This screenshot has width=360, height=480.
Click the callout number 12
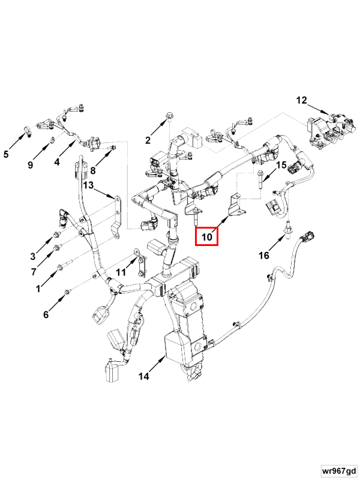(x=301, y=100)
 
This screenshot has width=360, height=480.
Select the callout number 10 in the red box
(x=207, y=237)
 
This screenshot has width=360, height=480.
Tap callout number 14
(x=143, y=377)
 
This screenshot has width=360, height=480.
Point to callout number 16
(x=264, y=256)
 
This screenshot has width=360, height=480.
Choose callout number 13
(x=88, y=185)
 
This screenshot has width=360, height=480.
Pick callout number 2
(x=148, y=141)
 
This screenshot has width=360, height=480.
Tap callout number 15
(x=281, y=165)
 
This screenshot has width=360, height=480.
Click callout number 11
(x=121, y=272)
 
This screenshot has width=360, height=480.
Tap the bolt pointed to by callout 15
(x=259, y=179)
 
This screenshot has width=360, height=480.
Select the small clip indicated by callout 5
(x=26, y=130)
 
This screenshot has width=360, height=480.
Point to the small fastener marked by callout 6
(x=68, y=292)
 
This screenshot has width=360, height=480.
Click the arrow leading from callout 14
(x=158, y=364)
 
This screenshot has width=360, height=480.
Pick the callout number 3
(x=34, y=257)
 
